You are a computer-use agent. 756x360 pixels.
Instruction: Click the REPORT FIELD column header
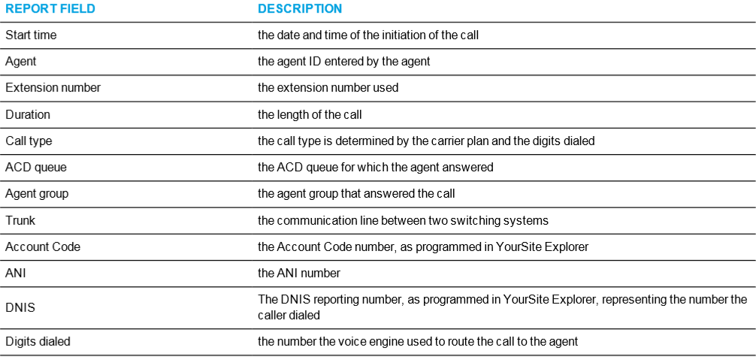pyautogui.click(x=50, y=9)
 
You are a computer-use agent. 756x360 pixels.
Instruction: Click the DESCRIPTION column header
pyautogui.click(x=300, y=9)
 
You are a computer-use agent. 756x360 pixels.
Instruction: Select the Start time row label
pyautogui.click(x=31, y=35)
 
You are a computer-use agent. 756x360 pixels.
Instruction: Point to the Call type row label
pyautogui.click(x=29, y=141)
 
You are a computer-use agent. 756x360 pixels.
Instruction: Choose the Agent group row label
pyautogui.click(x=37, y=194)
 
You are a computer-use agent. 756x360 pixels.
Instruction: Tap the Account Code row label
pyautogui.click(x=43, y=247)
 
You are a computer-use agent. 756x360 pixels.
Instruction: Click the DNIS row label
pyautogui.click(x=20, y=307)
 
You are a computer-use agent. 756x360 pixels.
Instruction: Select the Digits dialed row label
pyautogui.click(x=38, y=342)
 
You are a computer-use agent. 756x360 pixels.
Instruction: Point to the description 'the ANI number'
pyautogui.click(x=299, y=274)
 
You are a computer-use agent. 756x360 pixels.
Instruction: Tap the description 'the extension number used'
pyautogui.click(x=328, y=88)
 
